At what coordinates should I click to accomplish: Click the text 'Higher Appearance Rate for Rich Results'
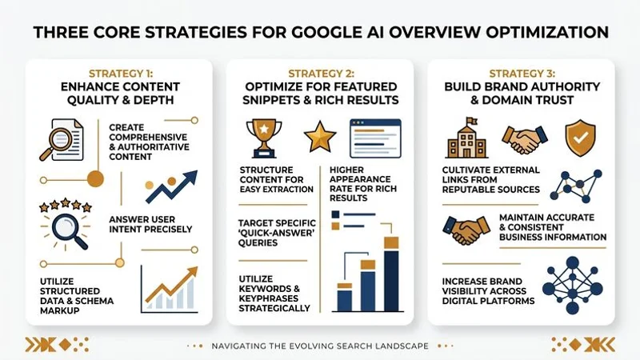click(x=360, y=183)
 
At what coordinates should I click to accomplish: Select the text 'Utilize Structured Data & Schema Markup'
click(x=76, y=294)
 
